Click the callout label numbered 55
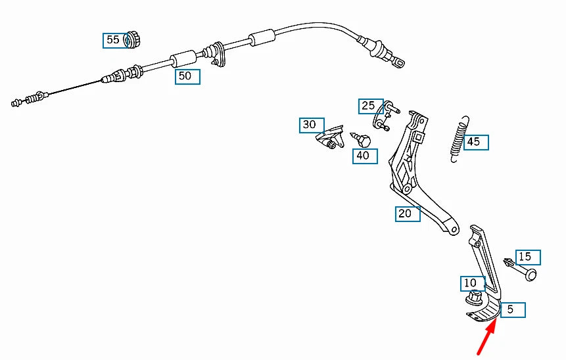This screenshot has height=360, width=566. [113, 40]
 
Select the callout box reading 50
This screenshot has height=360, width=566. [187, 76]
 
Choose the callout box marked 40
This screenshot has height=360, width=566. [364, 156]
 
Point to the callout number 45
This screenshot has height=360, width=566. [476, 142]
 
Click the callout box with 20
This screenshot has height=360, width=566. [407, 214]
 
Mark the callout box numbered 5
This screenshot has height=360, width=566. [513, 310]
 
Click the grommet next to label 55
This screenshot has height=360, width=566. [133, 39]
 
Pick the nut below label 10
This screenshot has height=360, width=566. [473, 300]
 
